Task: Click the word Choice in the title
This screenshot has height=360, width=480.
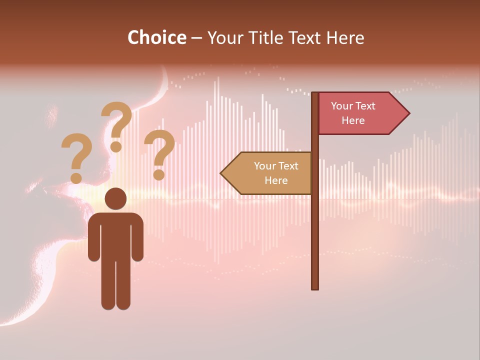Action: (x=156, y=37)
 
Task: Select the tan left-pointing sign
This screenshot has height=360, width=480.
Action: (x=270, y=173)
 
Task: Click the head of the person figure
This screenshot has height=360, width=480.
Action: (x=115, y=199)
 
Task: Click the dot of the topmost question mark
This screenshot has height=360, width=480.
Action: (x=116, y=146)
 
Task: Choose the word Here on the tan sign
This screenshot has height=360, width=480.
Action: (x=276, y=180)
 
